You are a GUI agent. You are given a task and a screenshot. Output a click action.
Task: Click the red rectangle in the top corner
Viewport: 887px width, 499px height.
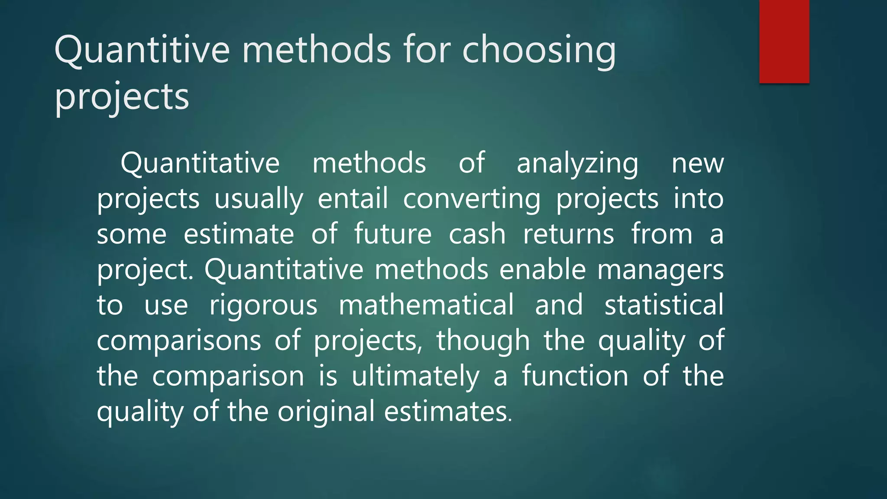tap(784, 41)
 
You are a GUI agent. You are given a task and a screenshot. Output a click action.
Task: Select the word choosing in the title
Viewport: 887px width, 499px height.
tap(539, 51)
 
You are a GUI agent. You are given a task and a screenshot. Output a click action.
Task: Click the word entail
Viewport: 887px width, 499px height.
tap(353, 199)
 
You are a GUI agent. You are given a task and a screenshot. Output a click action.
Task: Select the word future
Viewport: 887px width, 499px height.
tap(393, 234)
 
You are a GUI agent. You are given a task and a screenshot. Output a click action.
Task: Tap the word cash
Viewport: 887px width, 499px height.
tap(477, 234)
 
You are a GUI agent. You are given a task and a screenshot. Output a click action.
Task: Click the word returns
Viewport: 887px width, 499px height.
tap(568, 234)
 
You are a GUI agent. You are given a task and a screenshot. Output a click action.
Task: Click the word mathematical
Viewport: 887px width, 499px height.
tap(426, 305)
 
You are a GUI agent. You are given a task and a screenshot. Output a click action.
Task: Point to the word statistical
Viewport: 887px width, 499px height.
tap(664, 305)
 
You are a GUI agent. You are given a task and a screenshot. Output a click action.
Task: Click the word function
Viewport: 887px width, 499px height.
tap(575, 376)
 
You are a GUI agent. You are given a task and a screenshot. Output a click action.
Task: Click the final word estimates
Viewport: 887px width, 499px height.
tap(448, 412)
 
